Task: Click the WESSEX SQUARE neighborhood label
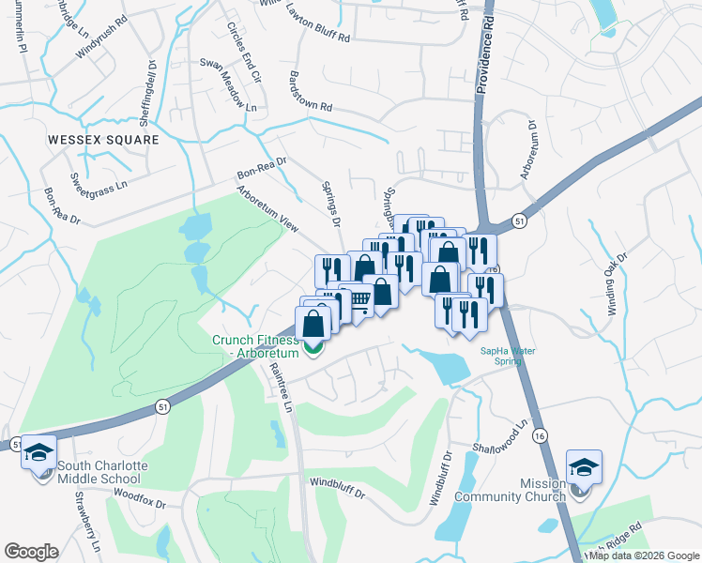point(103,139)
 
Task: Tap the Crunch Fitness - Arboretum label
point(255,346)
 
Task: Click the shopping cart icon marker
point(359,298)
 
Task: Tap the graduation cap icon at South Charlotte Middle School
point(39,453)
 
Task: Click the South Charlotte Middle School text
point(99,472)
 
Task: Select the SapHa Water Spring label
point(508,356)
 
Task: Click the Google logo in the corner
point(31,552)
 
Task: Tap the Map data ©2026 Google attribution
point(643,555)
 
